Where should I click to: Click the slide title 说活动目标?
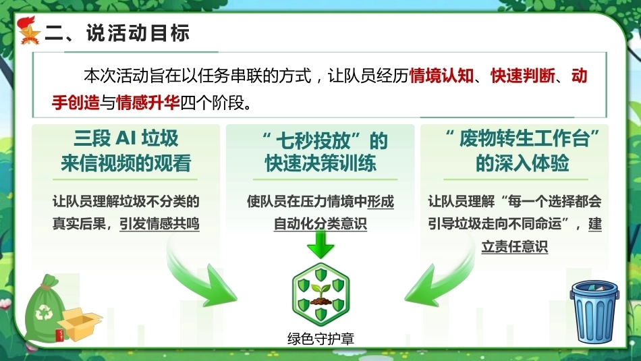pyautogui.click(x=138, y=32)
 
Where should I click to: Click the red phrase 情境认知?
pyautogui.click(x=441, y=76)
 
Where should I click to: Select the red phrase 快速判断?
pyautogui.click(x=523, y=76)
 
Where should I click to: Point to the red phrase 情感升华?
pyautogui.click(x=148, y=102)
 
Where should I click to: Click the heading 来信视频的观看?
pyautogui.click(x=126, y=163)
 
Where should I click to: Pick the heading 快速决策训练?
pyautogui.click(x=320, y=163)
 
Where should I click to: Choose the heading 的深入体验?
pyautogui.click(x=522, y=163)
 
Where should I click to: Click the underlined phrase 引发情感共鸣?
pyautogui.click(x=159, y=223)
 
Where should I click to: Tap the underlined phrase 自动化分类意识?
pyautogui.click(x=320, y=223)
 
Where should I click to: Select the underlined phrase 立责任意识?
pyautogui.click(x=515, y=246)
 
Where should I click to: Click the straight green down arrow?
pyautogui.click(x=320, y=244)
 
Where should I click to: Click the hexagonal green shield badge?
pyautogui.click(x=321, y=294)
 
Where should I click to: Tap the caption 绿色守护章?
pyautogui.click(x=321, y=339)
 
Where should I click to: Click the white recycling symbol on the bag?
pyautogui.click(x=44, y=312)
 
